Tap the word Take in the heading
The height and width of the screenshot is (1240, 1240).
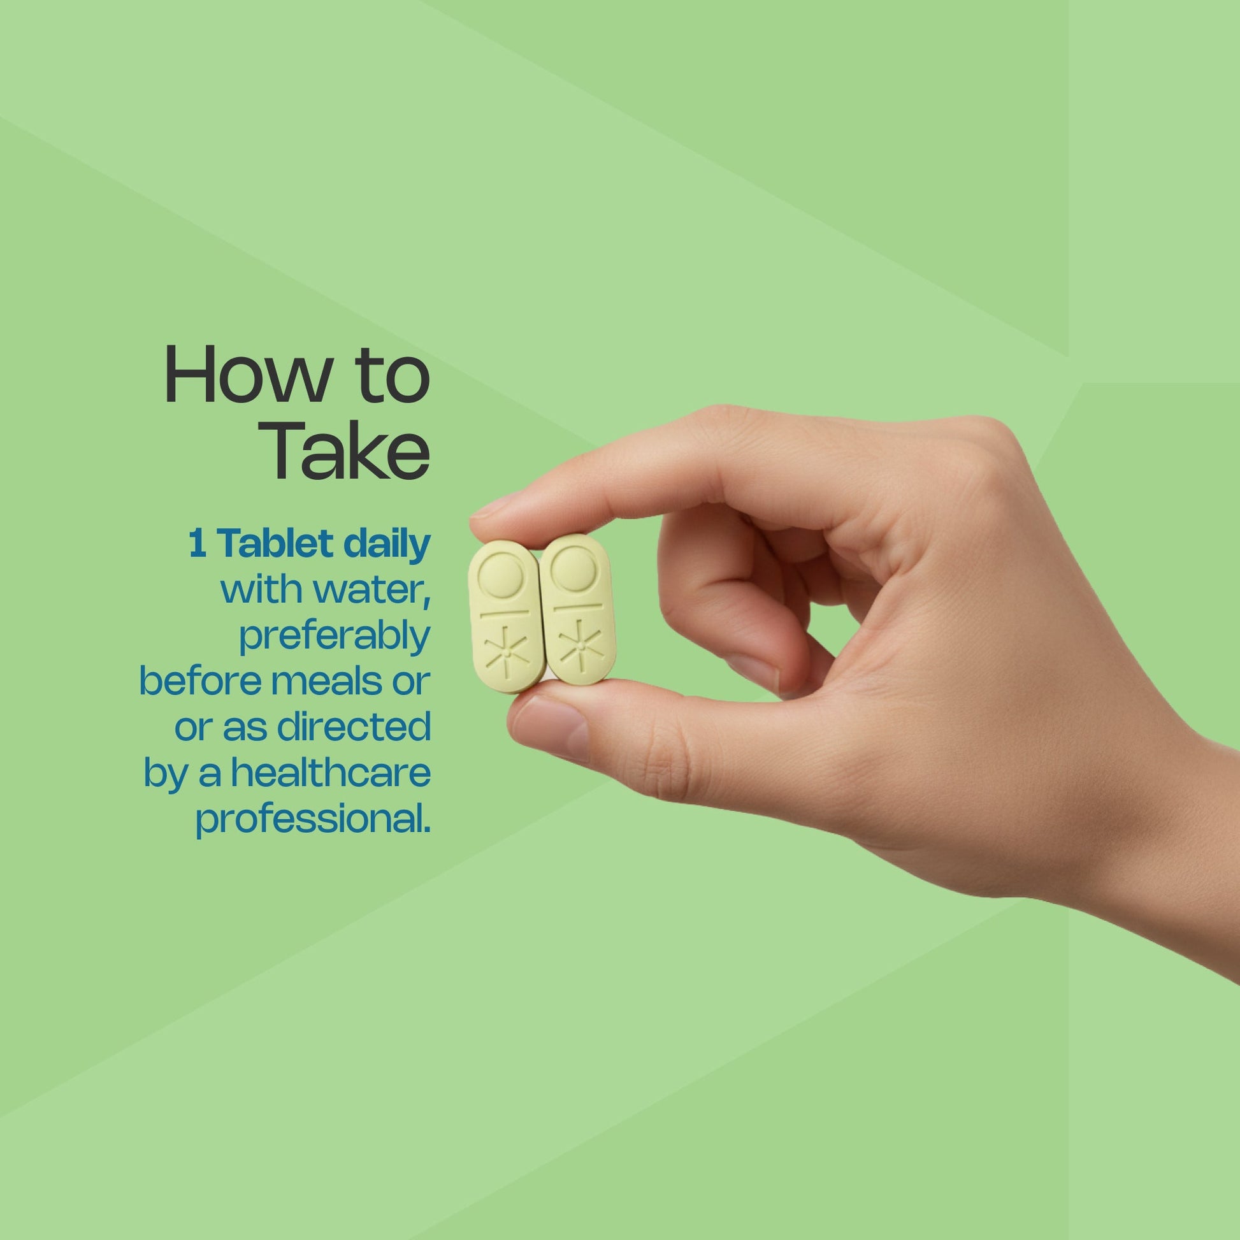346,450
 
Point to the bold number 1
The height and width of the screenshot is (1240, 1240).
198,545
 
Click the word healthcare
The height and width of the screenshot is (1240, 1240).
331,773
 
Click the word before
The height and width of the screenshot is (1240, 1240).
200,682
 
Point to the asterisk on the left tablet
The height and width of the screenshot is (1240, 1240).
507,652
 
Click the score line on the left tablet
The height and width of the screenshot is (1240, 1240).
505,613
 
